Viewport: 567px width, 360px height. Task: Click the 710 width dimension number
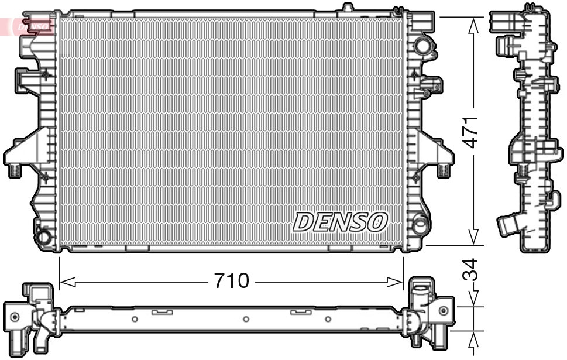click(x=231, y=282)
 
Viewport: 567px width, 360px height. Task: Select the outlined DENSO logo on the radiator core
click(x=340, y=222)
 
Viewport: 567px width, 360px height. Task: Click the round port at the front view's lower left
click(x=44, y=238)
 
